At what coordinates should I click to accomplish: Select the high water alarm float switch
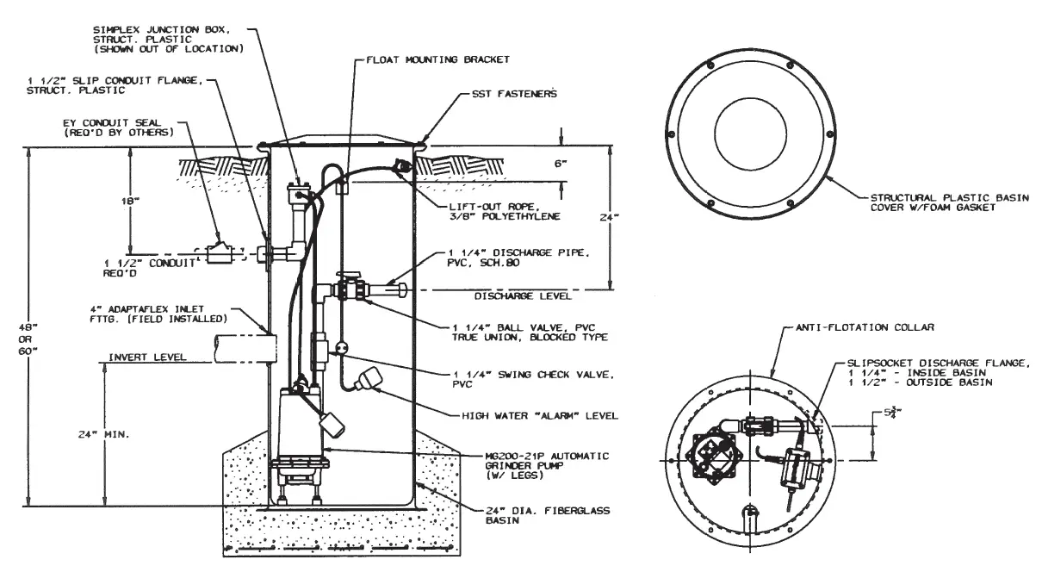tap(372, 379)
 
